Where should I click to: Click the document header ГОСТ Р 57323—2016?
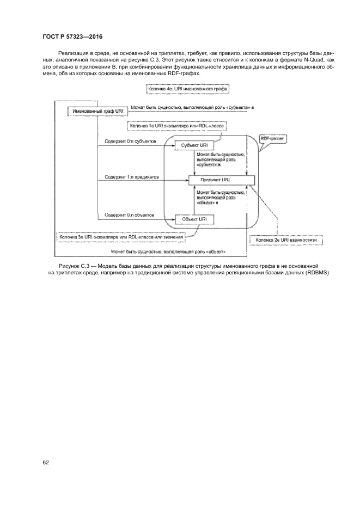tap(72, 36)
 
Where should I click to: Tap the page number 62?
tap(46, 462)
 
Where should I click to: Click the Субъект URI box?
tap(194, 146)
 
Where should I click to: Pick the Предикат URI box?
tap(218, 180)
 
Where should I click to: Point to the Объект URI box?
tap(194, 219)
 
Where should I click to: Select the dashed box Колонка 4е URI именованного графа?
tap(188, 89)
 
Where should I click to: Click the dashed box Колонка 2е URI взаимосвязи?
tap(286, 239)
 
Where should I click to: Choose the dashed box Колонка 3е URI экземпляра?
tap(120, 237)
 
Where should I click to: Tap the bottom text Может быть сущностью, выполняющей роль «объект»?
tap(168, 252)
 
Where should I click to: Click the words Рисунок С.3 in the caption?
tap(72, 265)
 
